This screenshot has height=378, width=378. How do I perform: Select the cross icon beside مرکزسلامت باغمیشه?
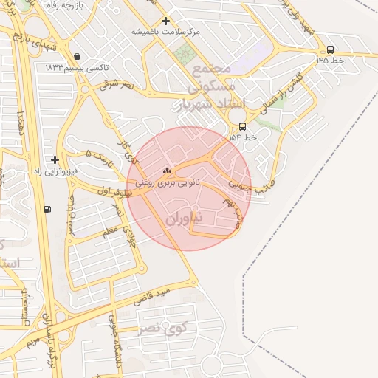[165, 21]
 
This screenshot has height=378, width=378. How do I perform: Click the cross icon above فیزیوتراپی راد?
[55, 159]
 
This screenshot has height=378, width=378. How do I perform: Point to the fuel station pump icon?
[48, 209]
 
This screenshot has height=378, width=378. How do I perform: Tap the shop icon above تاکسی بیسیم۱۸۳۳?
[78, 56]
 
